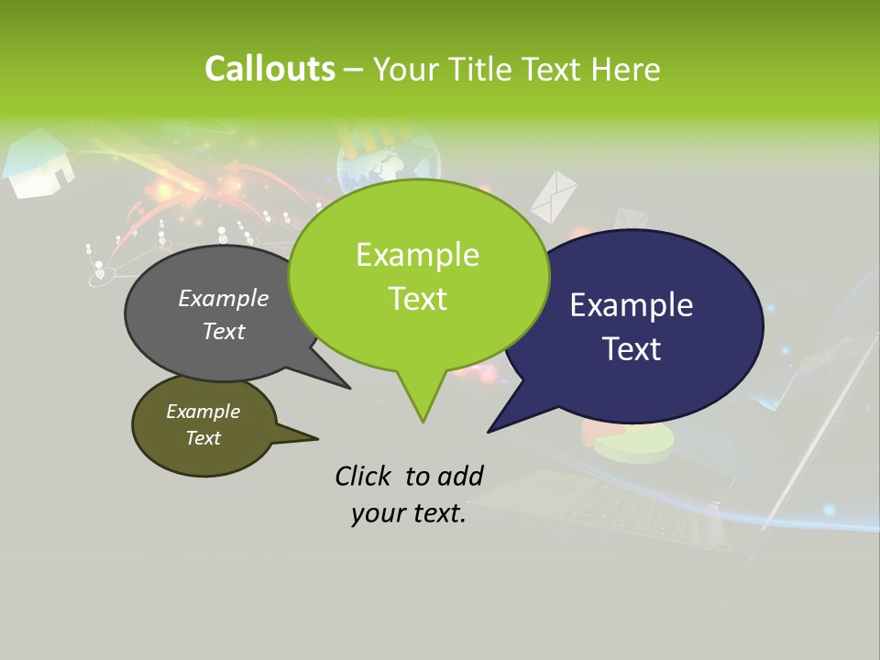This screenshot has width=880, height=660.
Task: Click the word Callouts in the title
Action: click(269, 69)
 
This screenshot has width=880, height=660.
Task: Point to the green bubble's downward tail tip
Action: click(423, 422)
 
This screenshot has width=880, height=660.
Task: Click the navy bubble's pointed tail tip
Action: click(489, 431)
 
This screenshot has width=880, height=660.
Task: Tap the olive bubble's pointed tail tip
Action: click(317, 438)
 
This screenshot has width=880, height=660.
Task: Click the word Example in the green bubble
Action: click(417, 255)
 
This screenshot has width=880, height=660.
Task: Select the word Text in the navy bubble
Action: click(632, 349)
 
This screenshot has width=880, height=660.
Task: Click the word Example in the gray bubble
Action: click(224, 298)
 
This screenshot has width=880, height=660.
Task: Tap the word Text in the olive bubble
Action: click(203, 438)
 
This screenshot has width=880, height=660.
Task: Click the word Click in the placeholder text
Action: click(363, 476)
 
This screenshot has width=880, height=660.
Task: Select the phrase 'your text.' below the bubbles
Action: click(409, 514)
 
